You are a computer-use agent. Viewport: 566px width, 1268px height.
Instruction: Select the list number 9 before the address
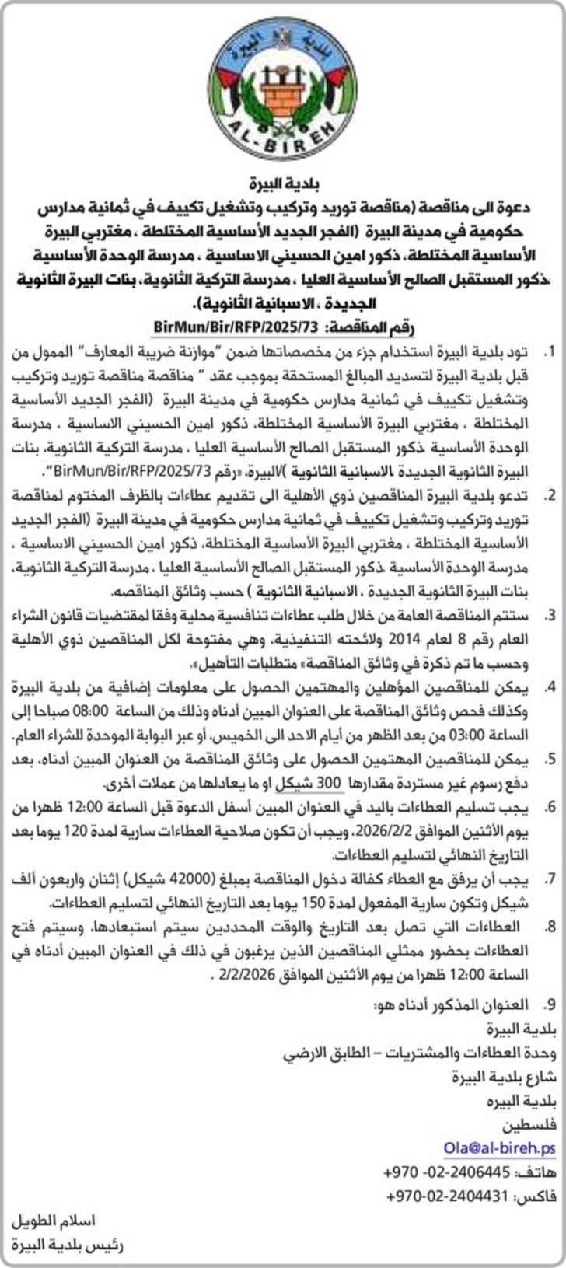550,1004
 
